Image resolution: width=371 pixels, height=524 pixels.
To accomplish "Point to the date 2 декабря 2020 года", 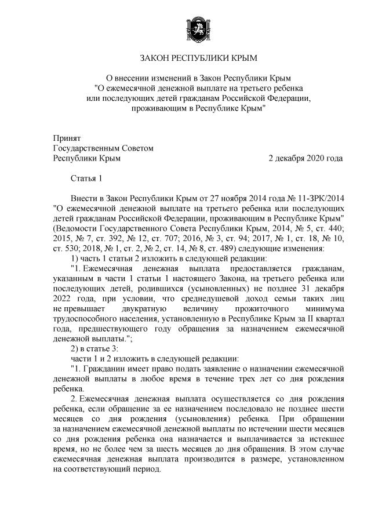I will point(305,158).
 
